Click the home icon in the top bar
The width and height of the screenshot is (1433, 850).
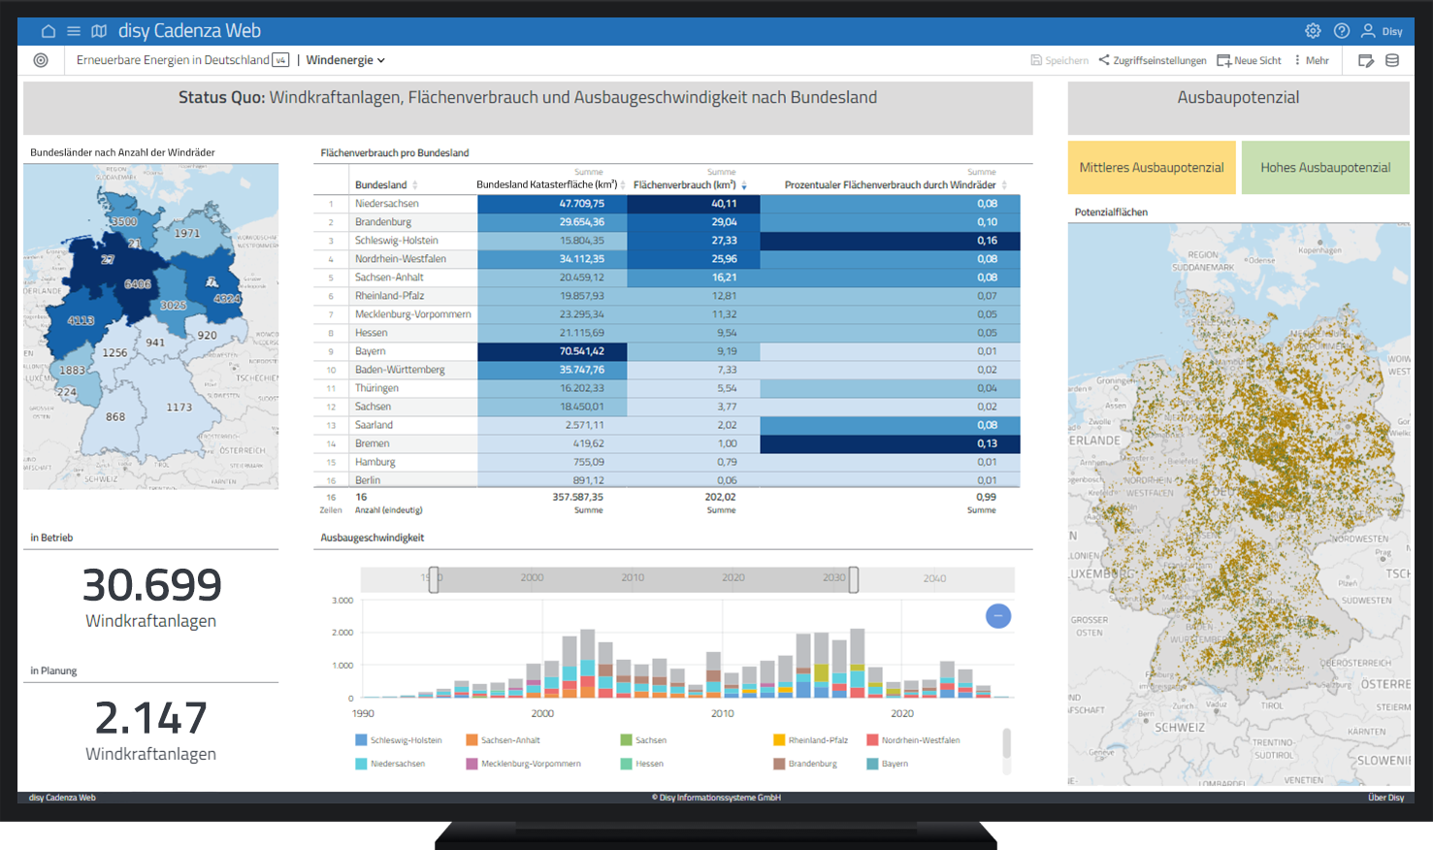click(x=48, y=31)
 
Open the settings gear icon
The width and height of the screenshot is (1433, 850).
click(x=1313, y=31)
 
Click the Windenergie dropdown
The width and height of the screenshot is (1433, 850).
click(x=345, y=60)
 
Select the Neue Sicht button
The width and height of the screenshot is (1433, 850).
click(x=1250, y=60)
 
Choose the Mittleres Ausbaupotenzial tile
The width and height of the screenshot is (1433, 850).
click(x=1152, y=168)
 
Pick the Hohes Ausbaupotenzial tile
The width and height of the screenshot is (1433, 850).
click(x=1325, y=168)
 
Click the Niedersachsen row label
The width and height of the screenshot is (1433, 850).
click(x=387, y=204)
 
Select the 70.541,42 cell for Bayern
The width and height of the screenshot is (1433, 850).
click(x=581, y=351)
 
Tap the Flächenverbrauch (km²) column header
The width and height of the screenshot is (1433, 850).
click(x=684, y=184)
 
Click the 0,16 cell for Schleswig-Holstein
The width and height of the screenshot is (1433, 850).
click(x=987, y=241)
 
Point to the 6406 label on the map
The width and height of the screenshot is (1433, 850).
click(x=138, y=284)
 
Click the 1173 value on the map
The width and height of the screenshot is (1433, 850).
click(x=179, y=408)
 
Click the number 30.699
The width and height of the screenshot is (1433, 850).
click(x=151, y=585)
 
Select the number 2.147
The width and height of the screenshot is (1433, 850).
click(x=151, y=718)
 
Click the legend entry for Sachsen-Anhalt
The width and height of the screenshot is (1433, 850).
click(x=509, y=740)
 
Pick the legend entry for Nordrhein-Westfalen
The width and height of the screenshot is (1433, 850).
click(x=920, y=740)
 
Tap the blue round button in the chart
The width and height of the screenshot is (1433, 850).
click(x=998, y=616)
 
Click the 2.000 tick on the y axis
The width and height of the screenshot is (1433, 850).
click(x=342, y=633)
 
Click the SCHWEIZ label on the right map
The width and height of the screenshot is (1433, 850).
click(x=1179, y=728)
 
